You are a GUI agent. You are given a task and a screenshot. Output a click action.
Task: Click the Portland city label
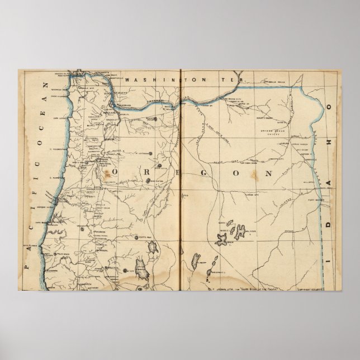[110, 112]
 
